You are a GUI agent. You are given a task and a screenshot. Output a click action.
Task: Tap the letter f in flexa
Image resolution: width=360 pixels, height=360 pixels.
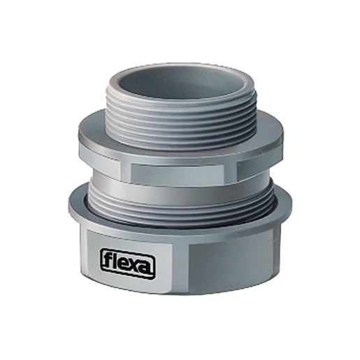coord(106,259)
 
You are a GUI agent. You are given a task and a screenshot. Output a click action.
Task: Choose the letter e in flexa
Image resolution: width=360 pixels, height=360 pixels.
coord(122,264)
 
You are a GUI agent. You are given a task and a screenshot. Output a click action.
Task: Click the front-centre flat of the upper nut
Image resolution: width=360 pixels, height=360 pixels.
coord(177,173)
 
